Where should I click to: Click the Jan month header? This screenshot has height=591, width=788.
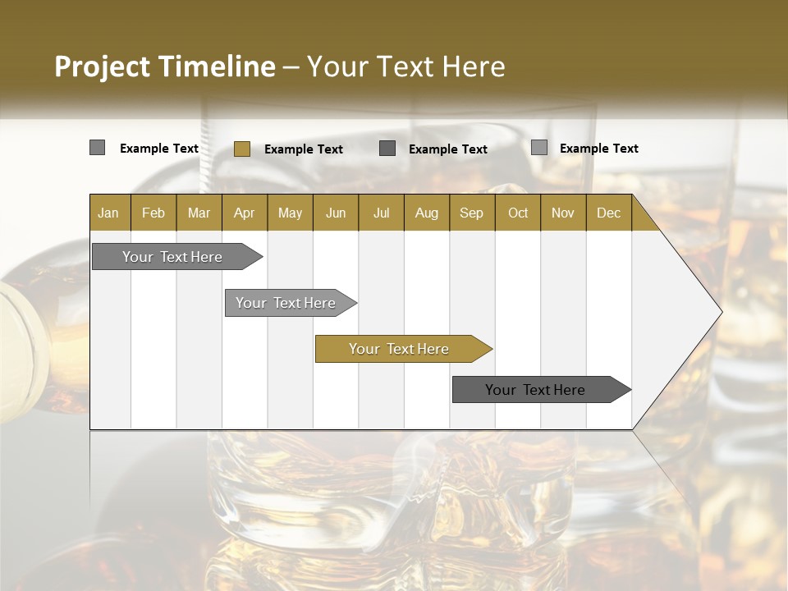(x=108, y=213)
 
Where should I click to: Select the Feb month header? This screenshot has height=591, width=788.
(x=153, y=213)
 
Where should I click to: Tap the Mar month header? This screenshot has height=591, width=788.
(x=199, y=213)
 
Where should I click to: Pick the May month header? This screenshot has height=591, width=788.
(x=290, y=213)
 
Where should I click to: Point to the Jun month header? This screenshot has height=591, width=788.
(x=336, y=213)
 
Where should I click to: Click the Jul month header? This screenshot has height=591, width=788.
(x=381, y=213)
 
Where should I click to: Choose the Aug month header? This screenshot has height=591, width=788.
(x=427, y=213)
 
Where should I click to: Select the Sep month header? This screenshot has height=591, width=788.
(x=472, y=213)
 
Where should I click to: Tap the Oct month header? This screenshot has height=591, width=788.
(x=518, y=213)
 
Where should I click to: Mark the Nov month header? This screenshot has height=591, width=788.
(x=563, y=213)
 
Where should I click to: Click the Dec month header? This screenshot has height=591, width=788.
(x=608, y=213)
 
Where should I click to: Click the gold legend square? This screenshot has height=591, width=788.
(x=241, y=149)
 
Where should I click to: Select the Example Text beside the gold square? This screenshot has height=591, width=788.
(x=304, y=149)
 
